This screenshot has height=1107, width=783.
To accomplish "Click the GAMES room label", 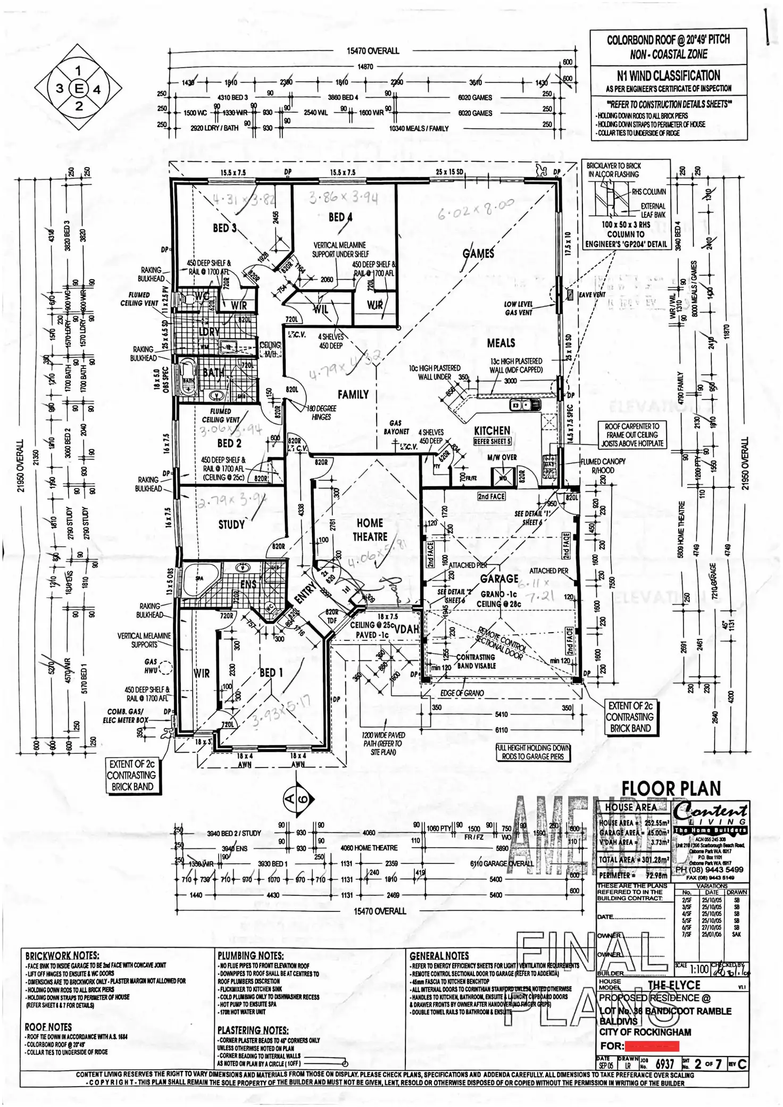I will [x=478, y=254].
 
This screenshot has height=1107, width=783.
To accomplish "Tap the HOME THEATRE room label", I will [x=370, y=530].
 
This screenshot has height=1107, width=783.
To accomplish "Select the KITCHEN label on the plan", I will [x=492, y=430].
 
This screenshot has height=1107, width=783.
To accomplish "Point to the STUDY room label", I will [x=231, y=525].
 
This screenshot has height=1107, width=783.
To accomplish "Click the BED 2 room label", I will [x=229, y=443].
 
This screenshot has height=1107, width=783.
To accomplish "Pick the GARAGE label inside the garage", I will [x=499, y=578].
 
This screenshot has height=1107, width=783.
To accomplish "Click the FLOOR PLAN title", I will [x=671, y=789].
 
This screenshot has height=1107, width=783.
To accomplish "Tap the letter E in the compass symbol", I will [x=79, y=88].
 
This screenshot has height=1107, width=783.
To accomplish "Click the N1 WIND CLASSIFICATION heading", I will [x=669, y=76].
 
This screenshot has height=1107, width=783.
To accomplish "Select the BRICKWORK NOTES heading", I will [x=62, y=956].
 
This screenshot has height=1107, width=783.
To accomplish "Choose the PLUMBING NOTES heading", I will [x=251, y=956].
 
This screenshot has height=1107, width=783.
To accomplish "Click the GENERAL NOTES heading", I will [x=439, y=956].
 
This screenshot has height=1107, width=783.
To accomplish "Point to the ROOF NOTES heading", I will [x=48, y=1027].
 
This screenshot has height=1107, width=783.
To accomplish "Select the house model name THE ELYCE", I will [x=674, y=985].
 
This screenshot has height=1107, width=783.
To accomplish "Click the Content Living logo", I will [x=710, y=814].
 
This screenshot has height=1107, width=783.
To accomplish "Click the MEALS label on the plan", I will [x=501, y=343].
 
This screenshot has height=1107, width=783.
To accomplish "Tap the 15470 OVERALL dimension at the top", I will [x=372, y=51].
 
